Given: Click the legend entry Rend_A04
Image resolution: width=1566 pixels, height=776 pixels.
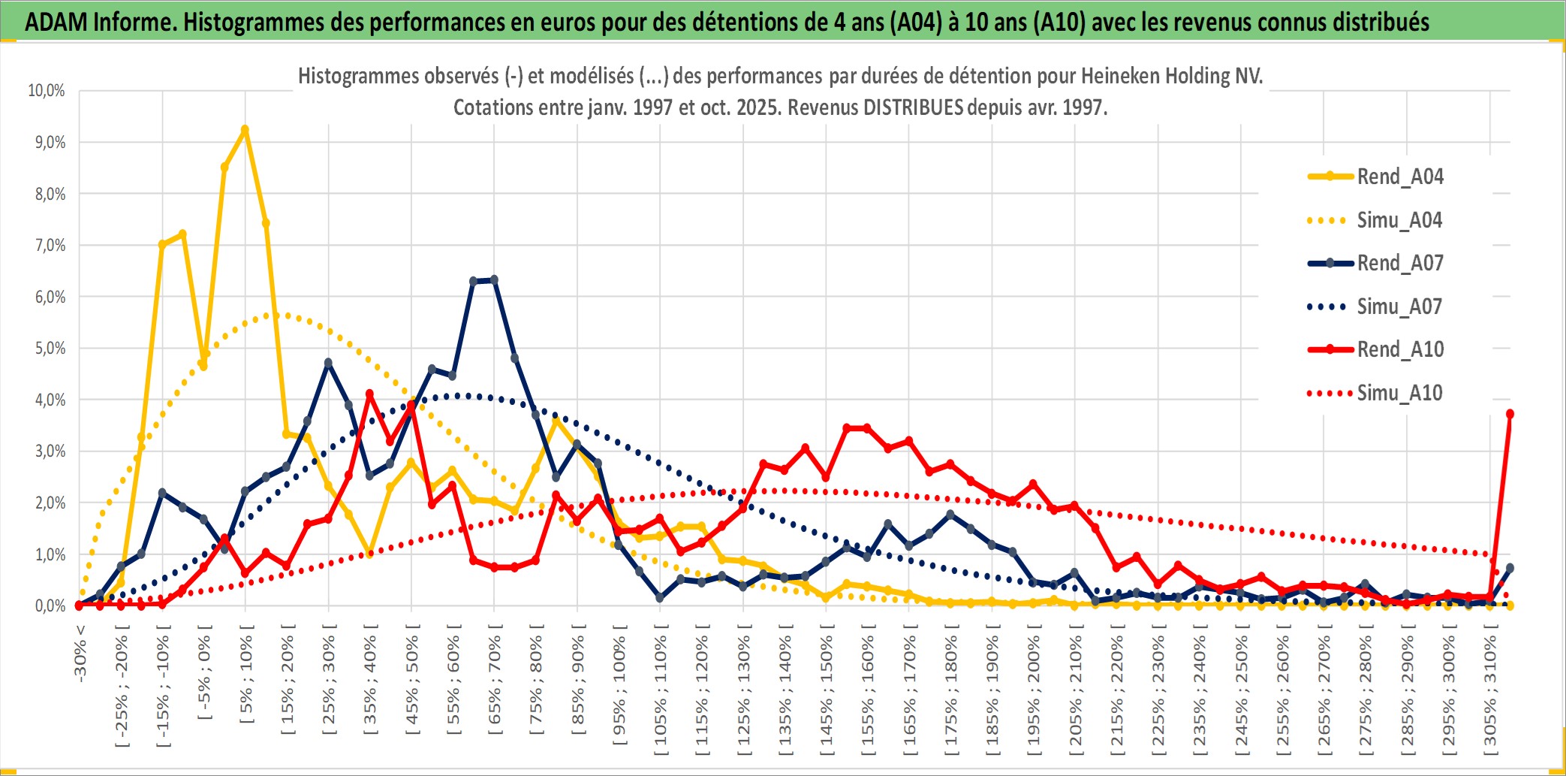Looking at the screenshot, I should (1399, 177).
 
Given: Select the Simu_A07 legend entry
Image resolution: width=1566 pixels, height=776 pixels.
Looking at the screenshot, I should (1399, 306).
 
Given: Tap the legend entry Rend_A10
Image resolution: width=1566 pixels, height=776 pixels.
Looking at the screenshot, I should (1399, 349).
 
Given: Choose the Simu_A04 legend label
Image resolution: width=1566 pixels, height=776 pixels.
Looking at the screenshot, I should (1399, 220).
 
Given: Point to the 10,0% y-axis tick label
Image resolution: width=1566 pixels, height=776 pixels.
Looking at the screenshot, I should (47, 91).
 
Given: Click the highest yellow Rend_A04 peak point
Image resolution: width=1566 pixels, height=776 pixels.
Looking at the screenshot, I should (245, 130).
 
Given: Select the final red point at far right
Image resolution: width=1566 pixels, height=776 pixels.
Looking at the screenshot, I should (1510, 414).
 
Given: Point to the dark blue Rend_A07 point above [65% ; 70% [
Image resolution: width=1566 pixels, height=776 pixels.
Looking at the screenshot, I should (494, 280).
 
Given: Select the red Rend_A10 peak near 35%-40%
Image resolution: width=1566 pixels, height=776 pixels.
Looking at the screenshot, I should (369, 394).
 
